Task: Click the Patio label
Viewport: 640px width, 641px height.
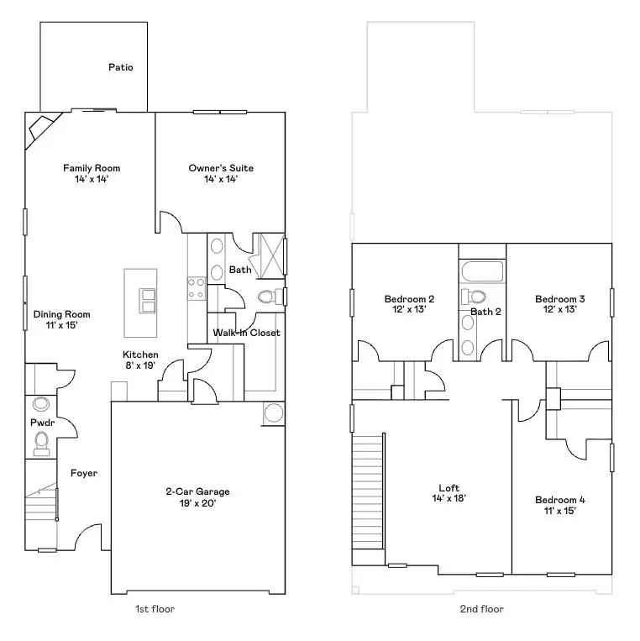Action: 121,67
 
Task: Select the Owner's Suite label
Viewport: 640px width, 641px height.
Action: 220,168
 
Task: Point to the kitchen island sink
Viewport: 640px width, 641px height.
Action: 141,300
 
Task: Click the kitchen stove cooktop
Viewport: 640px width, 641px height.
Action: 197,288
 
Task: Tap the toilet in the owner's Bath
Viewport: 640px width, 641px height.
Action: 268,297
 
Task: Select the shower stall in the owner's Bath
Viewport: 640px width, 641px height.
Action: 270,255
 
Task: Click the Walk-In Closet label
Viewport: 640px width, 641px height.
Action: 246,333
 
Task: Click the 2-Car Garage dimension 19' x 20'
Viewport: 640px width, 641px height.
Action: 197,503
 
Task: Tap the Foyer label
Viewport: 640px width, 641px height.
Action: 83,473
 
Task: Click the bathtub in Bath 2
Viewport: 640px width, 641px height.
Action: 482,272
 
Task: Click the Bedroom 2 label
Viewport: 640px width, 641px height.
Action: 409,299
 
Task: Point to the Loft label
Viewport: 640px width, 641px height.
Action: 449,488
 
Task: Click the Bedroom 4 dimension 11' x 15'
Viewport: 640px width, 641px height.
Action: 560,512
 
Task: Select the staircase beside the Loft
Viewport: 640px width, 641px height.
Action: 368,487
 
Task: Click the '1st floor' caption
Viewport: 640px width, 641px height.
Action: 155,608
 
